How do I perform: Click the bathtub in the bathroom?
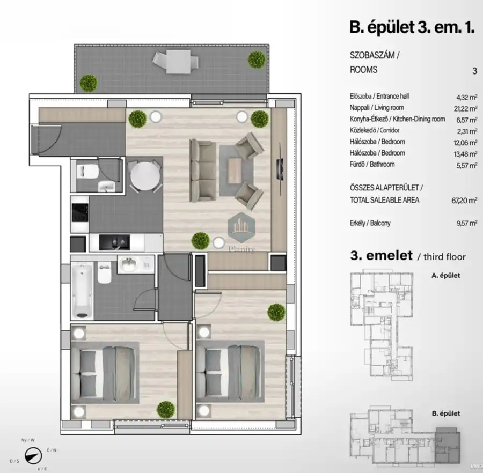82,291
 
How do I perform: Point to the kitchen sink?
114,242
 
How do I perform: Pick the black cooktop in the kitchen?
79,213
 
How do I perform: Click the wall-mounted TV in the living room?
280,168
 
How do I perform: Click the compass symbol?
33,455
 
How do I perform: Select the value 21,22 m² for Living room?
465,109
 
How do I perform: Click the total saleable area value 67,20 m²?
464,201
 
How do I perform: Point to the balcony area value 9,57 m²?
467,223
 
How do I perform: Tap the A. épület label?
445,276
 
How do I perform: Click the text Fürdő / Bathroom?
372,164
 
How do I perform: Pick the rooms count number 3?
475,71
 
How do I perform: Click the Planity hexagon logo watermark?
241,227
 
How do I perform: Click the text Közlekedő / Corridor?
374,130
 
